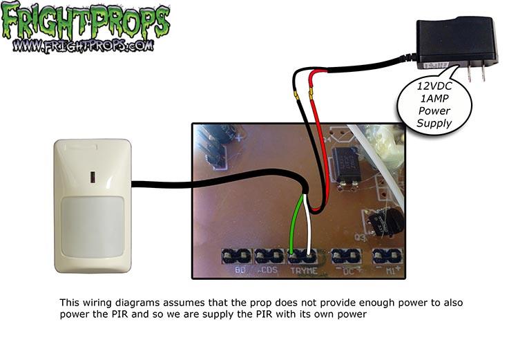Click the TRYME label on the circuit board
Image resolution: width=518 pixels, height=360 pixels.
(305, 271)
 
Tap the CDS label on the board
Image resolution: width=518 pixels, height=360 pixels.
(267, 271)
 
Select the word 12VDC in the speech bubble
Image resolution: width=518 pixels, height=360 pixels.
(432, 86)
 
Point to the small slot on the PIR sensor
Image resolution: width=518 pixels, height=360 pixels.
(93, 176)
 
